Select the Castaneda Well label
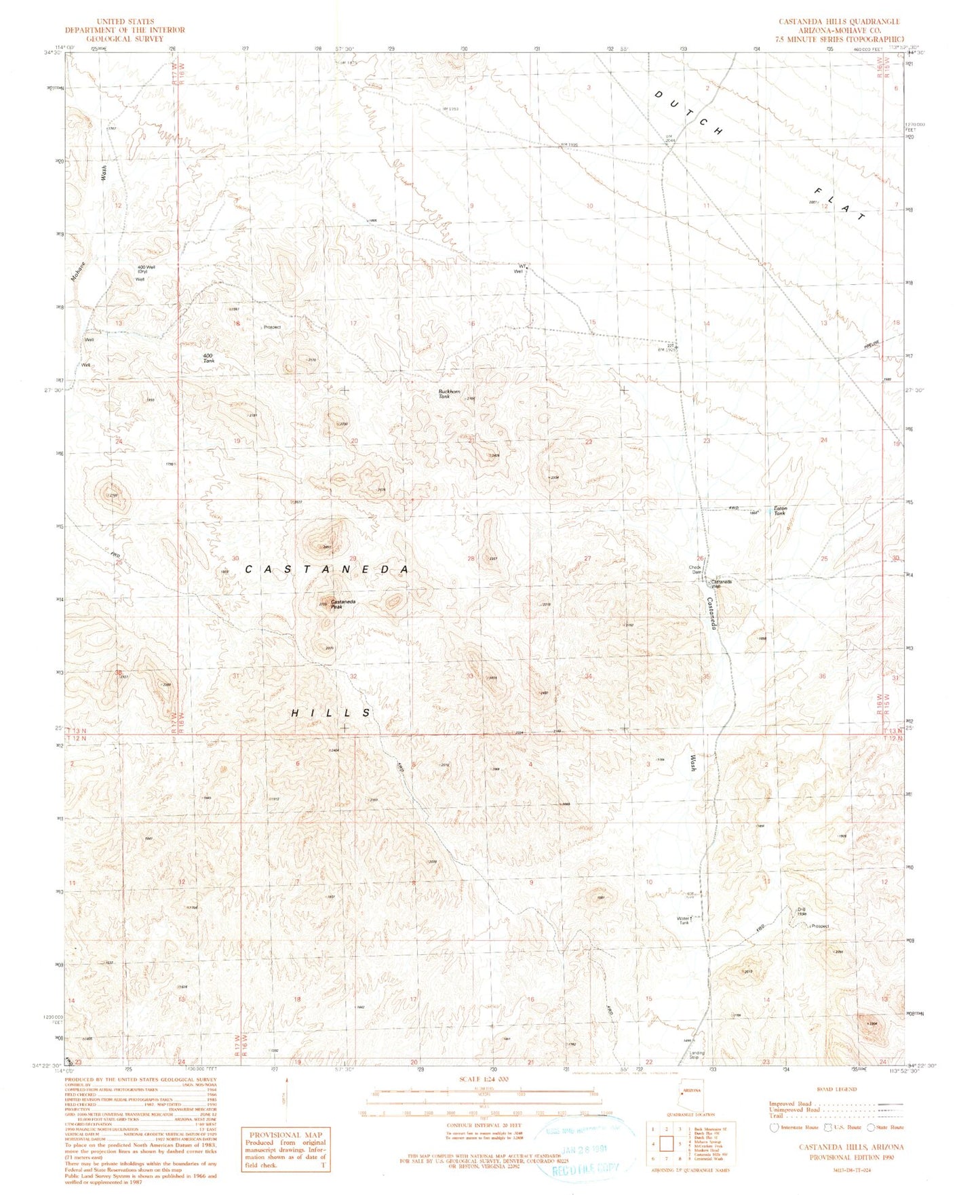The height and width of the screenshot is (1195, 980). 721,584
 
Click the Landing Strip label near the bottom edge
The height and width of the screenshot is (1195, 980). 697,1055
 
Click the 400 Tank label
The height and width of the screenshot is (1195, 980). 209,358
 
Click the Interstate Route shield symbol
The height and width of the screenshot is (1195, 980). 774,1127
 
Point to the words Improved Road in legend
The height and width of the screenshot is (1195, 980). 790,1103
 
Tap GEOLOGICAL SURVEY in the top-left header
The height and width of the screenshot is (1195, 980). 124,39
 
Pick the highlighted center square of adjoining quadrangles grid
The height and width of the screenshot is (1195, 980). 666,1145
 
